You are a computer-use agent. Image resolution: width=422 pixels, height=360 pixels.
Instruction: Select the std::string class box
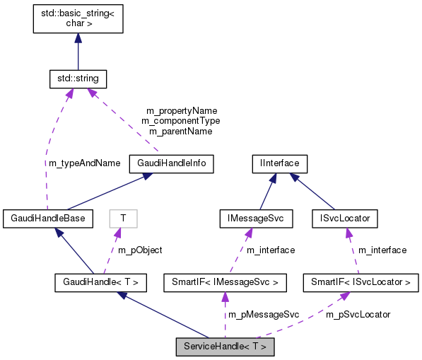tap(78, 77)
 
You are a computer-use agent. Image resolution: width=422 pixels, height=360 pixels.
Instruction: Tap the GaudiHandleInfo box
tap(171, 164)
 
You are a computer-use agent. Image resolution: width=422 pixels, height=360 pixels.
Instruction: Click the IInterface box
tap(279, 164)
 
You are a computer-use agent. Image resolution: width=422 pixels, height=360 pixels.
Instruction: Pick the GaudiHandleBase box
tap(47, 219)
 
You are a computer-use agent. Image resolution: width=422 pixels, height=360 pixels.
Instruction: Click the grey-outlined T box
tap(123, 219)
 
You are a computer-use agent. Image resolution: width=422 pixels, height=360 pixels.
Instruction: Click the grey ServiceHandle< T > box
tap(225, 347)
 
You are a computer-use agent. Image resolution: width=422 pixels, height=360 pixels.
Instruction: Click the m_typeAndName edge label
tap(84, 163)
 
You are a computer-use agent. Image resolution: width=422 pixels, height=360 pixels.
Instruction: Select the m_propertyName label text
tap(181, 111)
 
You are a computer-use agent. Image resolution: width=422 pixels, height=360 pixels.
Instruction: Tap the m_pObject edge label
tap(140, 250)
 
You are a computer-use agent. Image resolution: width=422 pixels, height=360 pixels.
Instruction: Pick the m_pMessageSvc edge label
tap(262, 314)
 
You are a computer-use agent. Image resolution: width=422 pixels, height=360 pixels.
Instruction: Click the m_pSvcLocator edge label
tap(358, 314)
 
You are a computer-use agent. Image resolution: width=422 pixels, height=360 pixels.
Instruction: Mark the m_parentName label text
tap(181, 131)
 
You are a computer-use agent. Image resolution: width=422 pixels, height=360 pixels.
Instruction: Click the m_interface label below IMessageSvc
tap(271, 250)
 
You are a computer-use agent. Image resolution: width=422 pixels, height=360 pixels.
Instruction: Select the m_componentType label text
tap(181, 121)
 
